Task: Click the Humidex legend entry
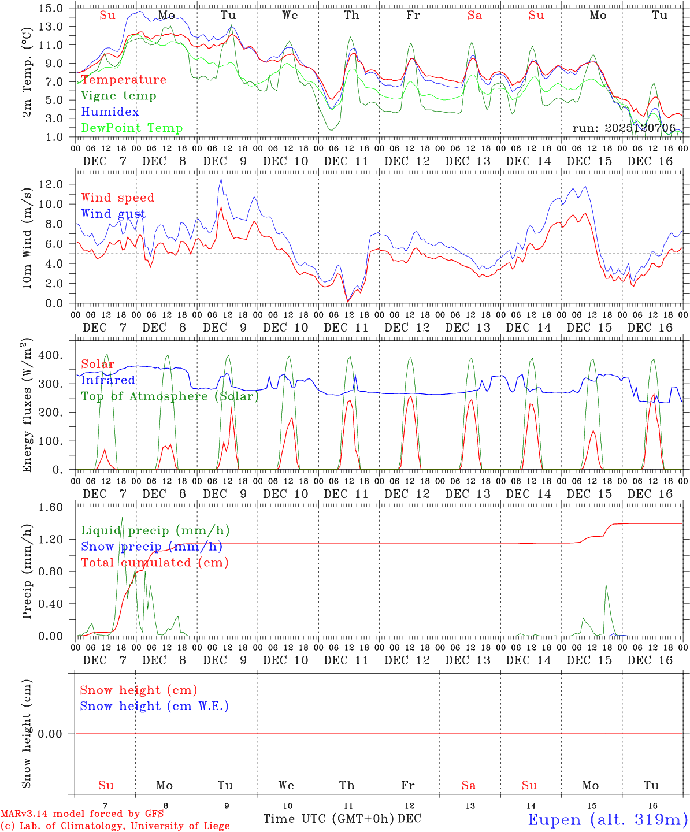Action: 110,112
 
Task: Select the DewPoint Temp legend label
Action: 132,128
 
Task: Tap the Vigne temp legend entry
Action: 118,96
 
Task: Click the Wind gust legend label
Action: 113,214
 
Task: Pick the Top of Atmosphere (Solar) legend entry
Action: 170,396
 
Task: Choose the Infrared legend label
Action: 108,380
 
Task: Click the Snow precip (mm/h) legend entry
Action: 151,547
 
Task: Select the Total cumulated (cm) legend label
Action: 154,563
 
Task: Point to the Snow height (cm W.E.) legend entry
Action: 154,706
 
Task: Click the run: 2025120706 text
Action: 624,128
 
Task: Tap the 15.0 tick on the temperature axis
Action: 52,8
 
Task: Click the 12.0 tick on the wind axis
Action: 52,184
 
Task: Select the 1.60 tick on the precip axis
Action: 52,507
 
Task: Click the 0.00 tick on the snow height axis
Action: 52,734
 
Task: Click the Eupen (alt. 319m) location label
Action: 607,819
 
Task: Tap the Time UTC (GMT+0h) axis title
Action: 328,819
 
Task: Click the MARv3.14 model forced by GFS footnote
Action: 82,814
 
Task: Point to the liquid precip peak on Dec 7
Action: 122,518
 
